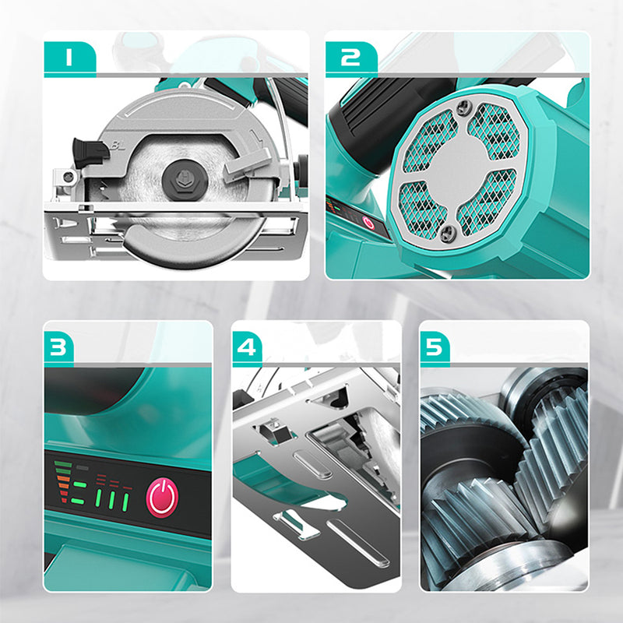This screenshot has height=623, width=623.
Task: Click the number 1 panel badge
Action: [70, 57]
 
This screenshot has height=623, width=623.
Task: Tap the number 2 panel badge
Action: [351, 57]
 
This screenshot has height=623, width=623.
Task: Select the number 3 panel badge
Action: [59, 347]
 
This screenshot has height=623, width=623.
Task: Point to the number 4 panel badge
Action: [247, 347]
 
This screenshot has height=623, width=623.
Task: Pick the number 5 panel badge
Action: [435, 347]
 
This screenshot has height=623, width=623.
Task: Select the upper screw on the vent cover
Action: [463, 107]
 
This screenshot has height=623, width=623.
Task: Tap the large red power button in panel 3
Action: [162, 497]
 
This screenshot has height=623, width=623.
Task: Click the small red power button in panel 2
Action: [368, 223]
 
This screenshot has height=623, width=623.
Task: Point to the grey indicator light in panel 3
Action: [83, 468]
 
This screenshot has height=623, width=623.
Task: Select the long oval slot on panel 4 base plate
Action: [357, 543]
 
